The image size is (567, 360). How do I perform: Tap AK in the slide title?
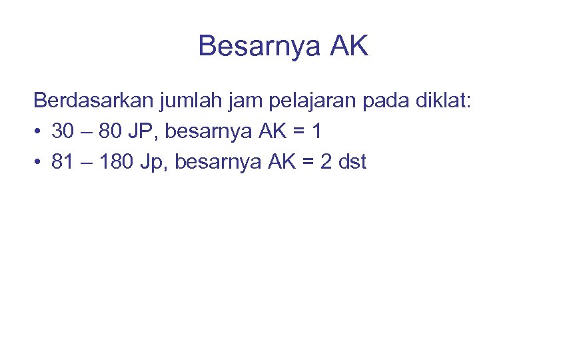(x=348, y=46)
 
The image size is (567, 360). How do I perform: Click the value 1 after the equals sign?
(x=317, y=131)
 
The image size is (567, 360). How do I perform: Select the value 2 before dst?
(x=326, y=161)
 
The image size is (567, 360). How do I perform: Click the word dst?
(x=352, y=161)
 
